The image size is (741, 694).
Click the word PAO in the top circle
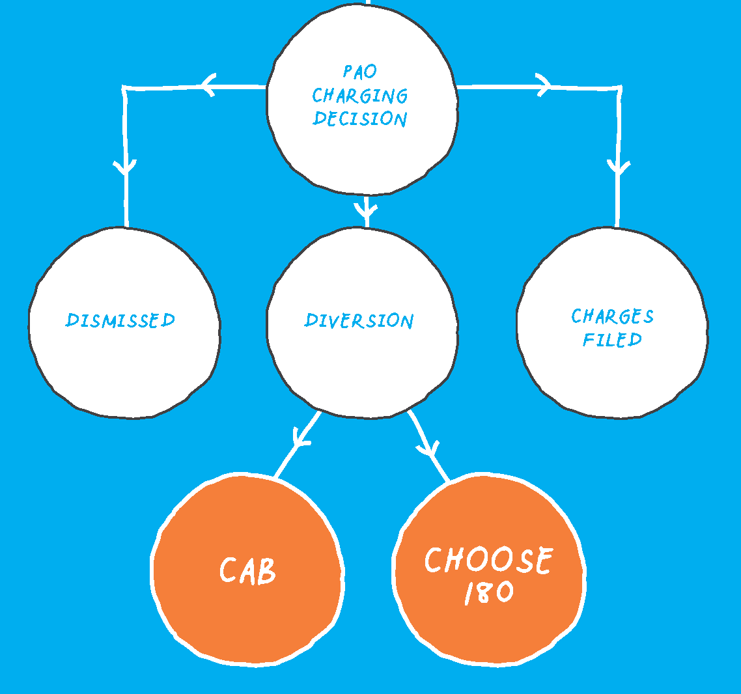point(360,71)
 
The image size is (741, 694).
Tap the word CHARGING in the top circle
point(360,96)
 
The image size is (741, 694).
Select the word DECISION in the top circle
point(360,118)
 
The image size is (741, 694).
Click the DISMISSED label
point(120,320)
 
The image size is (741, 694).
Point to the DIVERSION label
point(359,320)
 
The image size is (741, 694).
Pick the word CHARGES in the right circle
point(612,316)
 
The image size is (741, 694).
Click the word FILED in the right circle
point(612,339)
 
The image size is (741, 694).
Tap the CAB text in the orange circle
point(248,571)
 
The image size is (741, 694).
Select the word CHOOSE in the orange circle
point(488,560)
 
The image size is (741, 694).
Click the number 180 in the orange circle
point(488,592)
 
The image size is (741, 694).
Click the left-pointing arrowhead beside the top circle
point(208,85)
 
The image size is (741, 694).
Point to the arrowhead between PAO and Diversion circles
point(367,210)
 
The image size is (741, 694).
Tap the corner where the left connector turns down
point(124,88)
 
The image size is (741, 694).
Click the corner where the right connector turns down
point(619,87)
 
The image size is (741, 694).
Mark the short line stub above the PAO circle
point(368,2)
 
